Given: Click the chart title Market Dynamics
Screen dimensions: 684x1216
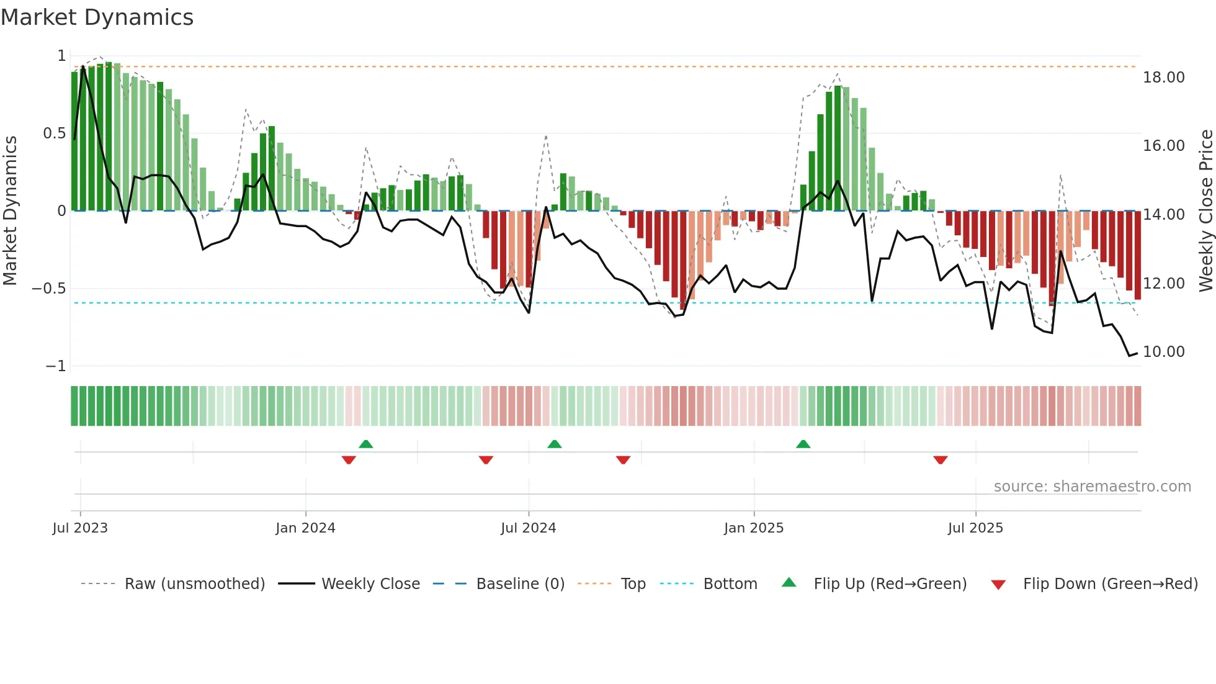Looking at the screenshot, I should click(97, 17).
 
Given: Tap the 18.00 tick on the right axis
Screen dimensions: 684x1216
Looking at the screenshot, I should click(1163, 78).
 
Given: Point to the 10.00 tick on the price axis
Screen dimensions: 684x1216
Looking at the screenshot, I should click(1163, 352).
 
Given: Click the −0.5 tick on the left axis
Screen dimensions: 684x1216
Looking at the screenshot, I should click(48, 289).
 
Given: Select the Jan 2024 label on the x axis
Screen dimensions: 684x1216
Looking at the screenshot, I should click(305, 528).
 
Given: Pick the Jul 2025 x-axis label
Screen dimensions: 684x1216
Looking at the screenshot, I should click(975, 528).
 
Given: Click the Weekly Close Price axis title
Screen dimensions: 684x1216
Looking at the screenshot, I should click(1205, 211).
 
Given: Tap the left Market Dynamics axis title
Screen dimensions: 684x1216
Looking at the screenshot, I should click(10, 211).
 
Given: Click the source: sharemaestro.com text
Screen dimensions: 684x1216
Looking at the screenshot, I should click(1092, 487).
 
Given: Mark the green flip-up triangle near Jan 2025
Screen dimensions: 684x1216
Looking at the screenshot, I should click(803, 444).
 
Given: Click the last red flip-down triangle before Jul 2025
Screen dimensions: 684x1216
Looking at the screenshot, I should click(940, 460).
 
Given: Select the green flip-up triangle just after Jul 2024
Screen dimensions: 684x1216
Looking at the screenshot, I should click(555, 444).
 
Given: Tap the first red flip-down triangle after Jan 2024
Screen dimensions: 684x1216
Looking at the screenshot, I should click(349, 460).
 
